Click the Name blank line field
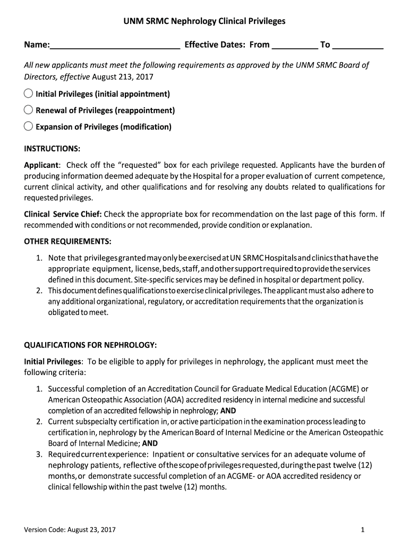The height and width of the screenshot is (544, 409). pyautogui.click(x=115, y=46)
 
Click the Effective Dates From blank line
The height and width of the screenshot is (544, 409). pyautogui.click(x=295, y=46)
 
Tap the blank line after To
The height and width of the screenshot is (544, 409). pyautogui.click(x=358, y=46)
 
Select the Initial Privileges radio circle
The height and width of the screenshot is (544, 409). pyautogui.click(x=29, y=93)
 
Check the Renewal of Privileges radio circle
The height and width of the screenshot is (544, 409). pyautogui.click(x=29, y=110)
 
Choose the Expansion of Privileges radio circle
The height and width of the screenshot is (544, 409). pyautogui.click(x=29, y=126)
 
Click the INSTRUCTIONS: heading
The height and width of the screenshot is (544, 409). pyautogui.click(x=52, y=148)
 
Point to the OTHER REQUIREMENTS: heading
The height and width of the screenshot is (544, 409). pyautogui.click(x=67, y=242)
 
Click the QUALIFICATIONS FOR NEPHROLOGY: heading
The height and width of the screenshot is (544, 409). pyautogui.click(x=90, y=345)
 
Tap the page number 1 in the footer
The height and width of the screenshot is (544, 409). pyautogui.click(x=361, y=530)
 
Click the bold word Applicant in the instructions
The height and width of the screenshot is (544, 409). pyautogui.click(x=41, y=165)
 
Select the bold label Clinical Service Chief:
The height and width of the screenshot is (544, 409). pyautogui.click(x=63, y=214)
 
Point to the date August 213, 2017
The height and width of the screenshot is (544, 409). pyautogui.click(x=123, y=77)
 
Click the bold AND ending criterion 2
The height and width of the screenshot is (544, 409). pyautogui.click(x=150, y=444)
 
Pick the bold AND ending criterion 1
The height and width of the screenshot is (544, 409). pyautogui.click(x=228, y=411)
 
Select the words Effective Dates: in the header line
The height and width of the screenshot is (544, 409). pyautogui.click(x=215, y=45)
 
